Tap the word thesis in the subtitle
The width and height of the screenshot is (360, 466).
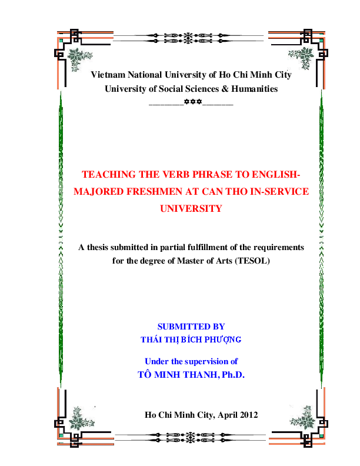click(x=101, y=247)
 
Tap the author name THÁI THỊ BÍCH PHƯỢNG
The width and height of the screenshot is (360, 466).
click(x=191, y=339)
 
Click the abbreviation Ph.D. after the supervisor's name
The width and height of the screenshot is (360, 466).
click(x=231, y=373)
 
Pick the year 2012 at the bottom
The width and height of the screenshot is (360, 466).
click(x=245, y=414)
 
